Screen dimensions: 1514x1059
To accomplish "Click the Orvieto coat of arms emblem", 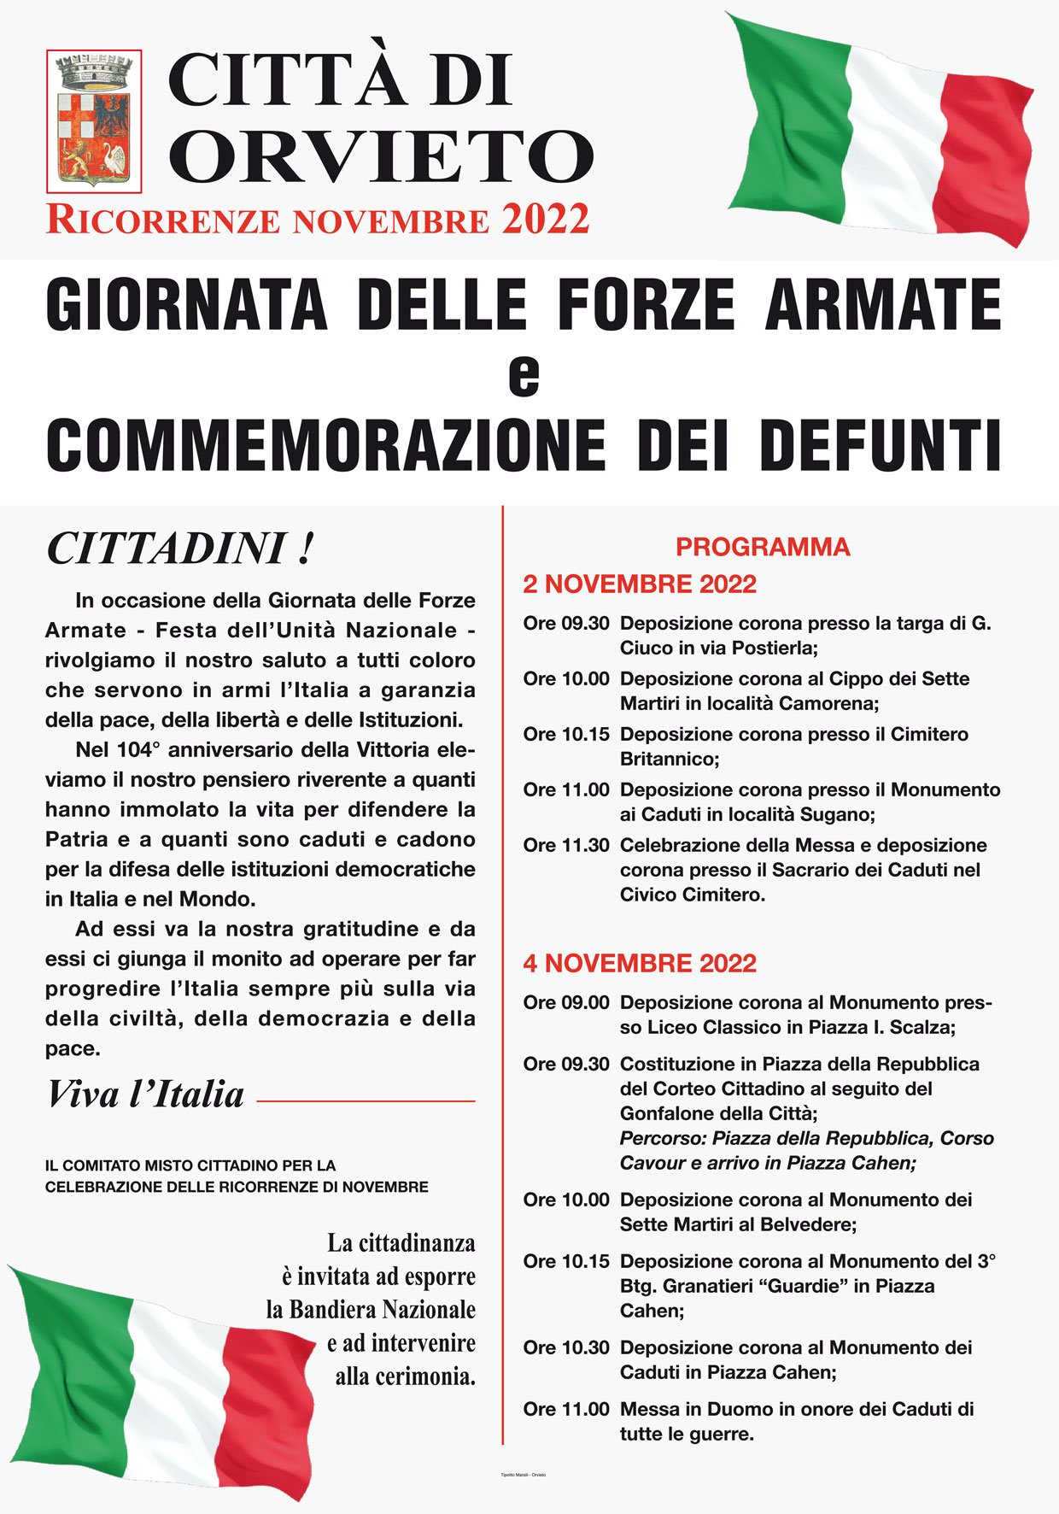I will [93, 120].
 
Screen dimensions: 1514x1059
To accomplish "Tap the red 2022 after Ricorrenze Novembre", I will [546, 219].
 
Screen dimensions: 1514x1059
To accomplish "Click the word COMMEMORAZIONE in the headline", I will [325, 445].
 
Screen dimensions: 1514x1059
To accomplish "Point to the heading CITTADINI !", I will [180, 549].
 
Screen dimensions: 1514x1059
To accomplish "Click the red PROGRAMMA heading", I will [763, 547].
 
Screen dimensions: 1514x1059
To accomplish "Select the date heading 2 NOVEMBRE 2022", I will [640, 584].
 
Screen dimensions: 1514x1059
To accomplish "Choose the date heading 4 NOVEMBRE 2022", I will [640, 964].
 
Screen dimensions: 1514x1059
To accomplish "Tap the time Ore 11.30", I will [566, 846].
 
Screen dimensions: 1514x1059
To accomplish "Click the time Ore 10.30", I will [566, 1347].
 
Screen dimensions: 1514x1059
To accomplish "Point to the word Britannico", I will [669, 759].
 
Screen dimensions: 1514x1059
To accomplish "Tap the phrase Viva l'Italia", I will [145, 1094].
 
